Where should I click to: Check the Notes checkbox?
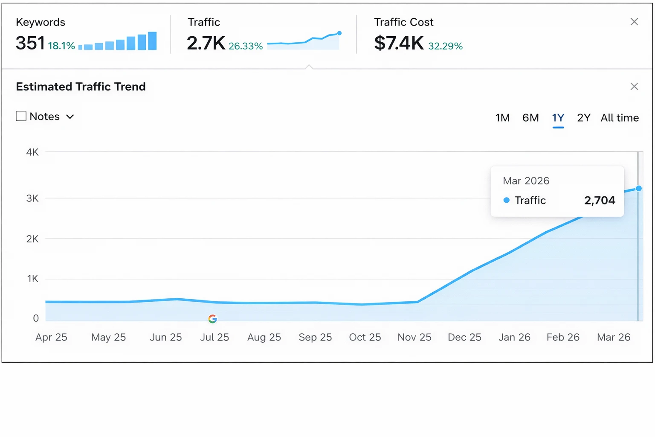tap(21, 116)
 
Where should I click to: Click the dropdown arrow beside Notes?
tap(70, 117)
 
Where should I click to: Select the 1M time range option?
tap(502, 118)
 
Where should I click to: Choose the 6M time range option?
tap(530, 118)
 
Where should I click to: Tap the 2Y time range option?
tap(583, 118)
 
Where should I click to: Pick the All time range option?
tap(620, 118)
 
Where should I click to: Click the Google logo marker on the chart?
tap(212, 319)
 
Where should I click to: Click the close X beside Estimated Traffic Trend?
tap(634, 87)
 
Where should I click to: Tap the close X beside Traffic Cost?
tap(634, 22)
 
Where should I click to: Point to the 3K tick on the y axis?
tap(32, 198)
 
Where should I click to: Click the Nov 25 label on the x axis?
tap(414, 337)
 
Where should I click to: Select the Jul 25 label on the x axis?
tap(214, 337)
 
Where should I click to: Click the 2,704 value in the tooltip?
tap(600, 200)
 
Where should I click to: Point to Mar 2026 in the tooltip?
tap(526, 181)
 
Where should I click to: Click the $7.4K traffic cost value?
tap(399, 43)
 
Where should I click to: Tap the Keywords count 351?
tap(30, 43)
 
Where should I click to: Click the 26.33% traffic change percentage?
tap(246, 46)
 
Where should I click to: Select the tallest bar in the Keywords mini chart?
tap(152, 41)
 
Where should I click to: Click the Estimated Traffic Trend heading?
tap(81, 87)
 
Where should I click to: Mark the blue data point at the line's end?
tap(638, 188)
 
